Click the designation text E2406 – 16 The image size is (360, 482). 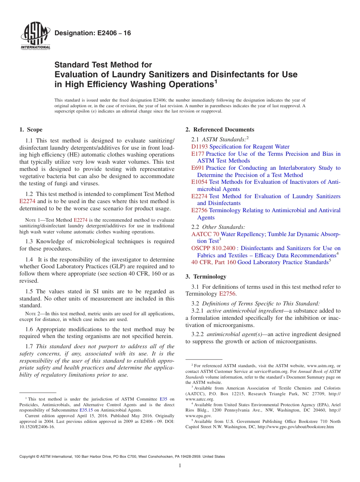point(93,33)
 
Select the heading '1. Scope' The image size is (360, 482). point(31,130)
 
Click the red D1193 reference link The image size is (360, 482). point(199,147)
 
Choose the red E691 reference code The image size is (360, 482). point(198,168)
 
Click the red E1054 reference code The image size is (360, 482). point(199,182)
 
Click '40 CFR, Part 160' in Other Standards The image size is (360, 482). point(213,262)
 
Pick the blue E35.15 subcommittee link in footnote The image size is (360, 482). point(86,410)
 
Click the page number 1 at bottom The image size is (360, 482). point(180,466)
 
